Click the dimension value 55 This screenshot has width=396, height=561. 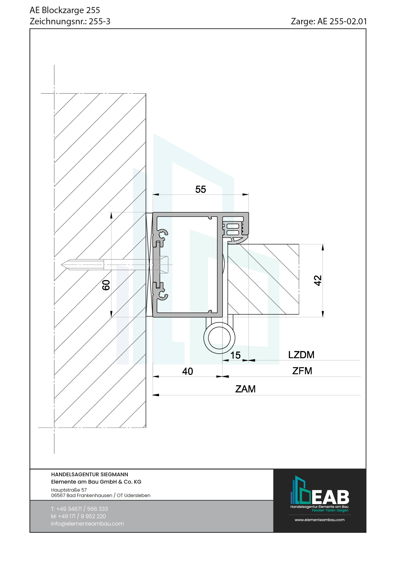(201, 189)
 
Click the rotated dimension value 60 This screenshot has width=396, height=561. (106, 285)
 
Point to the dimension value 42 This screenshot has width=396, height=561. (318, 280)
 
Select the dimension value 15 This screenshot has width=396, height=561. (235, 355)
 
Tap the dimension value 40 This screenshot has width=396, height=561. (187, 371)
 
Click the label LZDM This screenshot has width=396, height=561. (301, 355)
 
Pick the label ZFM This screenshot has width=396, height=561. (302, 371)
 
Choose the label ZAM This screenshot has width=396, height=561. (245, 389)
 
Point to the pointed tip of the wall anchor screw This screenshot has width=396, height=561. (62, 265)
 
